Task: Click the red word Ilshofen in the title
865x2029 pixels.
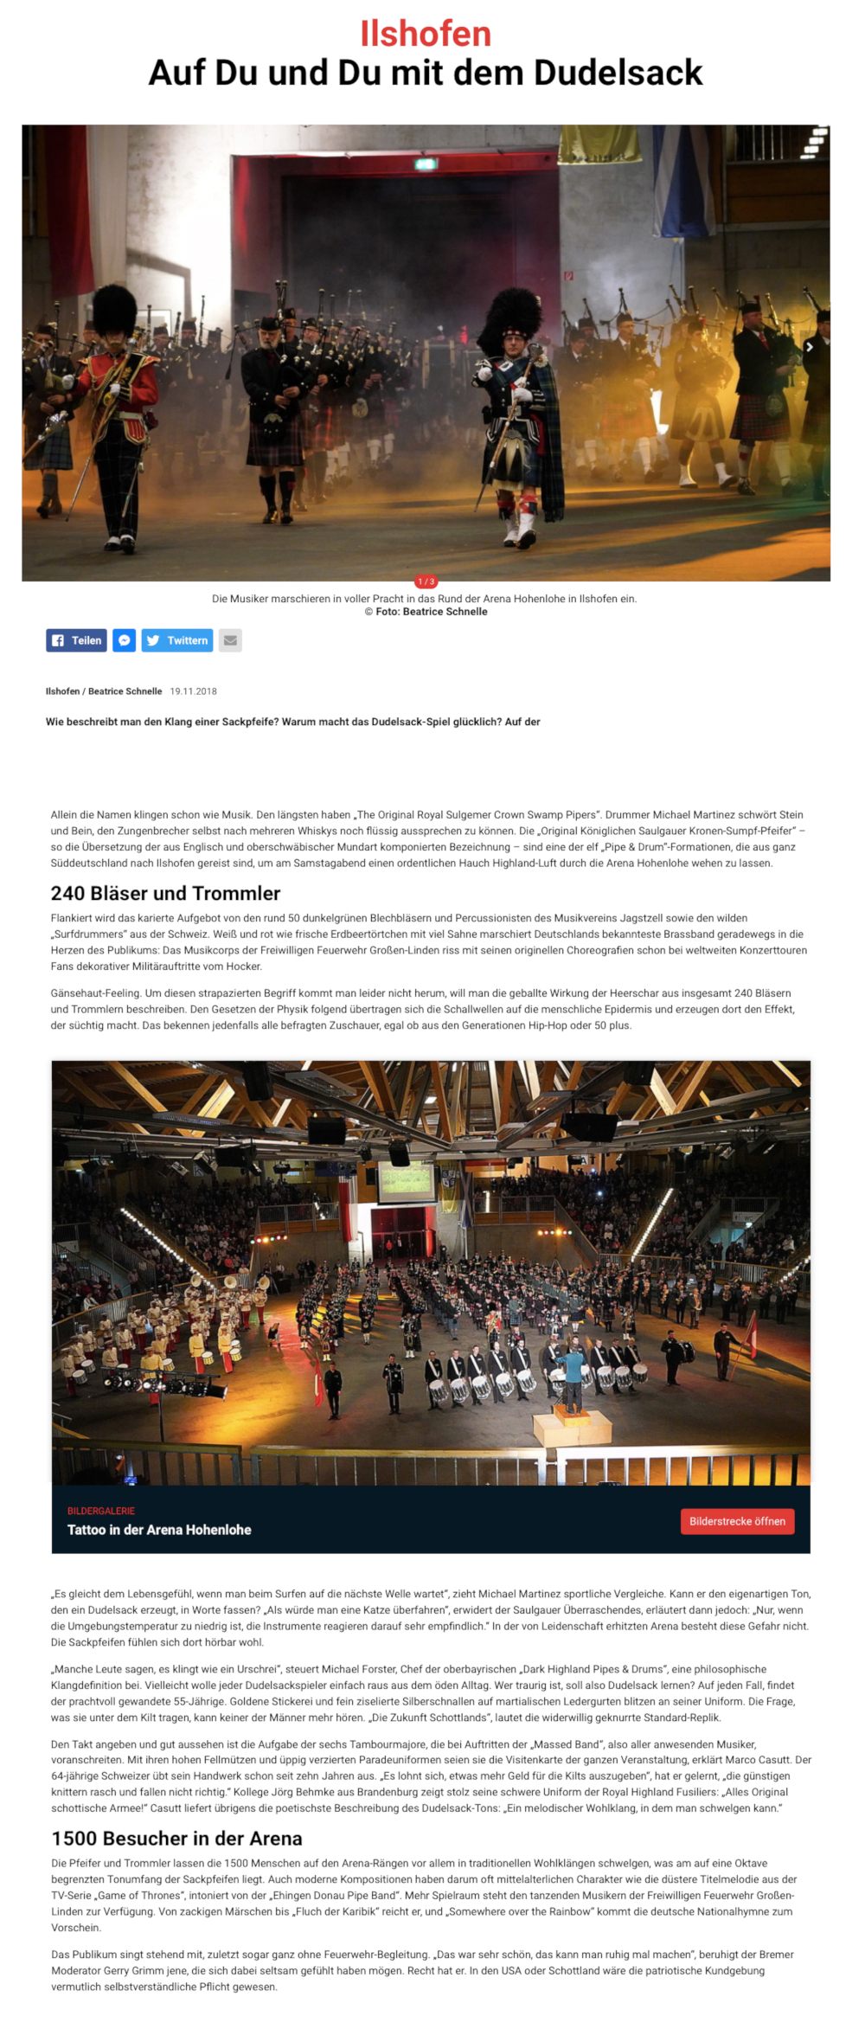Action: [426, 34]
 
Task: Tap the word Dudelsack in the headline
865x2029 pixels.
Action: [618, 73]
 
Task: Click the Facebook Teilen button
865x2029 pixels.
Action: [77, 640]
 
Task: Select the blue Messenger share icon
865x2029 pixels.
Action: [125, 640]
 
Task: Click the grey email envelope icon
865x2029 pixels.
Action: [230, 640]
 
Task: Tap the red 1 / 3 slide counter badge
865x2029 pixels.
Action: [426, 581]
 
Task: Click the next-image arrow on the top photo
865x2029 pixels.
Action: [810, 347]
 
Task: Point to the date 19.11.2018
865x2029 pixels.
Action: [193, 691]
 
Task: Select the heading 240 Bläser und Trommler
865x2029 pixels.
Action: [165, 893]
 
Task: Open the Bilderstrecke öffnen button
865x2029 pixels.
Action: [737, 1521]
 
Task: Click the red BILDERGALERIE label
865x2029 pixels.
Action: [101, 1511]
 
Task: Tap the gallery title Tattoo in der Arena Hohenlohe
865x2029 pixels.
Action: [159, 1530]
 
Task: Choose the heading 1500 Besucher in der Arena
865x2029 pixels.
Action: [176, 1839]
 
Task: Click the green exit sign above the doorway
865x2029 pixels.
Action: [426, 163]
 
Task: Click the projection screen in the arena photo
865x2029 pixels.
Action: [407, 1183]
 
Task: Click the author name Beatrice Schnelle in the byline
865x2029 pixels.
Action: [125, 691]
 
